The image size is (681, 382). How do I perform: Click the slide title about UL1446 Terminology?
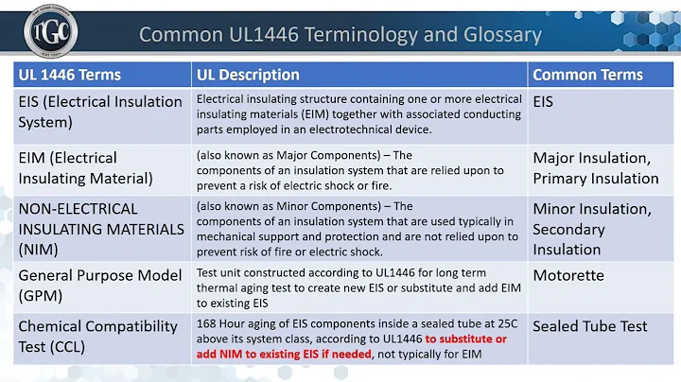[340, 35]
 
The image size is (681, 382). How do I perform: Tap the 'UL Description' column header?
[248, 75]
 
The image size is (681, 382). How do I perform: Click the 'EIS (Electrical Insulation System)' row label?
[99, 111]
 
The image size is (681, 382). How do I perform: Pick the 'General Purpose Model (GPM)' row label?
[99, 285]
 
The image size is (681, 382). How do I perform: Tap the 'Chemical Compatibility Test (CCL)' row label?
[97, 336]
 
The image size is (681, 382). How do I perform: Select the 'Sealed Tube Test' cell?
[590, 326]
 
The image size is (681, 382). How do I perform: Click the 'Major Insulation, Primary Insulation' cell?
[594, 167]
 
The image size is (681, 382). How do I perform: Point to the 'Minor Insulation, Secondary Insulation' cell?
[592, 228]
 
